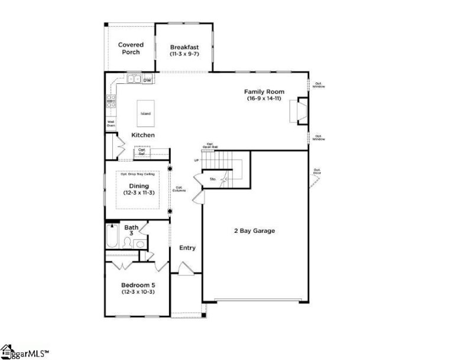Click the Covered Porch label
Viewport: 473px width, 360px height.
[131, 48]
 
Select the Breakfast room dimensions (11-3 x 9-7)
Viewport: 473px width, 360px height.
[184, 54]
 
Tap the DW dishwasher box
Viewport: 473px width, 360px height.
[147, 80]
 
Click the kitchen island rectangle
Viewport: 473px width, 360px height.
[145, 113]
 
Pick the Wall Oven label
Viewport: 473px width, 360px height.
[111, 124]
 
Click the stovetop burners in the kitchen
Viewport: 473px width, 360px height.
[110, 100]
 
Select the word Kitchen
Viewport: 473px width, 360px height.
[143, 135]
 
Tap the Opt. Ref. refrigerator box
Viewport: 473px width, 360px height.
[142, 152]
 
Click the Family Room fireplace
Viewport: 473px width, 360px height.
[299, 111]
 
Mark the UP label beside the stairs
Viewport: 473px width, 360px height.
[196, 160]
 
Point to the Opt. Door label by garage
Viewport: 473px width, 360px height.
[317, 172]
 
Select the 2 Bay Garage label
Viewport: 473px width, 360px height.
[254, 231]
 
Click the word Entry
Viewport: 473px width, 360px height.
[187, 248]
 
